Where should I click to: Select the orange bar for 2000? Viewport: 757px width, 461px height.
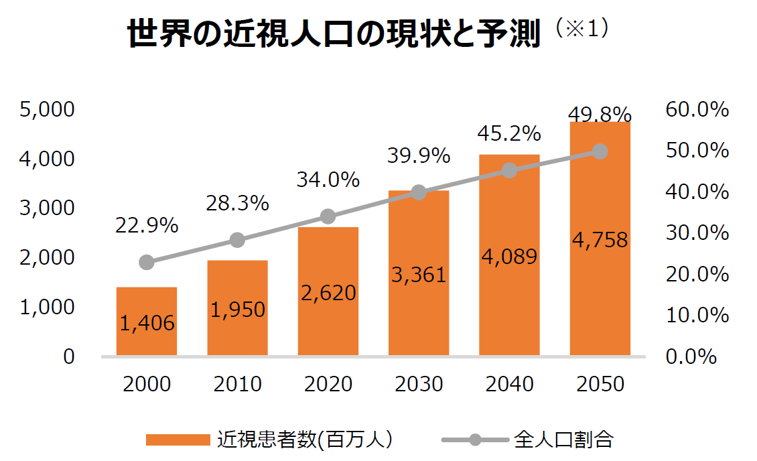pos(147,321)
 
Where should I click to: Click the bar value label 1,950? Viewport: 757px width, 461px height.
pos(238,310)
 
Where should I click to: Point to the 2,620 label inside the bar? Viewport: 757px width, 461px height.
pos(328,293)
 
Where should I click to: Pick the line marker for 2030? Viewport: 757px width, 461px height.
pos(419,193)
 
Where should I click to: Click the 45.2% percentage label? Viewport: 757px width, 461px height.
pos(509,133)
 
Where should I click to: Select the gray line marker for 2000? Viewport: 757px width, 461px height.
pos(147,262)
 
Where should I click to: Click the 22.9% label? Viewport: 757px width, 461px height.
pos(147,226)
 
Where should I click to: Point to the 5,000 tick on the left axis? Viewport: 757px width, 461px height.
pos(47,110)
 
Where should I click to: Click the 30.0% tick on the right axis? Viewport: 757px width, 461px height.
pos(697,233)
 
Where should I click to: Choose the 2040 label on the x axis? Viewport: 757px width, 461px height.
pos(509,384)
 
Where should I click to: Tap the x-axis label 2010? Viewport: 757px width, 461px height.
pos(238,384)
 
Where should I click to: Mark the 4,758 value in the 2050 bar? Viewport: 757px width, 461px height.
pos(600,239)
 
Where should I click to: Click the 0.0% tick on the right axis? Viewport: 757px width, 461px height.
pos(692,356)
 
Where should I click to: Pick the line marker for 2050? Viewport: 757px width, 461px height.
pos(600,151)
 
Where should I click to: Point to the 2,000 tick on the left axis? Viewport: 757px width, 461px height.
pos(47,258)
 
